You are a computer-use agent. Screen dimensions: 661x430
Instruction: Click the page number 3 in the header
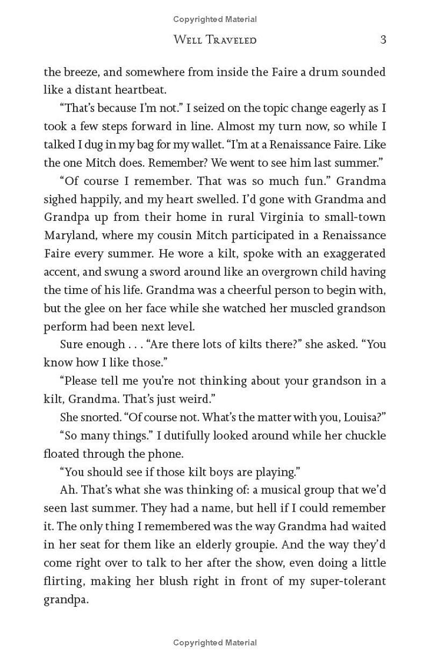[383, 40]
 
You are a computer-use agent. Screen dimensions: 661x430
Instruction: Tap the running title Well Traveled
[215, 40]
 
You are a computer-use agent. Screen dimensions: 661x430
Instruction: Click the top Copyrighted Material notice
[215, 19]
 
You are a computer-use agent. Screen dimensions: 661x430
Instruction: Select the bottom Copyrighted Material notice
[215, 642]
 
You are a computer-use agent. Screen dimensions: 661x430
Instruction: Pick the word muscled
[298, 308]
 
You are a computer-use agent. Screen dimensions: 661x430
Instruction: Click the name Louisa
[362, 418]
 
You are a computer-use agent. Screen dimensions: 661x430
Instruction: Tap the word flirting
[63, 581]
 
